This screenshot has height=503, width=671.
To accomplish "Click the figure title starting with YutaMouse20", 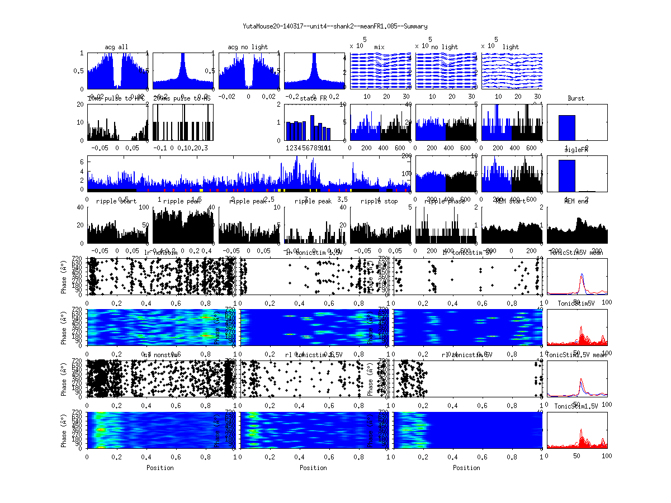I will (335, 26).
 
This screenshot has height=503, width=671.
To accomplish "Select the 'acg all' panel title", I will (116, 47).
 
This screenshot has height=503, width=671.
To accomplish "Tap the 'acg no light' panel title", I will (248, 47).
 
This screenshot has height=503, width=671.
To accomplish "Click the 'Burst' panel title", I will (576, 98).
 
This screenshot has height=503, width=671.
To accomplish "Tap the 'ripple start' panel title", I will (116, 201).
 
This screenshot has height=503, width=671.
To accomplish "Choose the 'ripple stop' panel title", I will (379, 201).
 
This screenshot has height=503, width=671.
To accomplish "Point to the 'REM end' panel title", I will (576, 201).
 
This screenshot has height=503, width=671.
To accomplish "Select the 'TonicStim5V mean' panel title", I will (576, 253).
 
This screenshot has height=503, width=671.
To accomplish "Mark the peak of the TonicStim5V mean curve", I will (582, 274).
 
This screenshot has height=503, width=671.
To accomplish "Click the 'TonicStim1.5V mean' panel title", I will (576, 355).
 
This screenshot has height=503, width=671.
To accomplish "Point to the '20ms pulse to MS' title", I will (182, 98).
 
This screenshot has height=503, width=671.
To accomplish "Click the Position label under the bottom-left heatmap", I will (160, 468).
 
